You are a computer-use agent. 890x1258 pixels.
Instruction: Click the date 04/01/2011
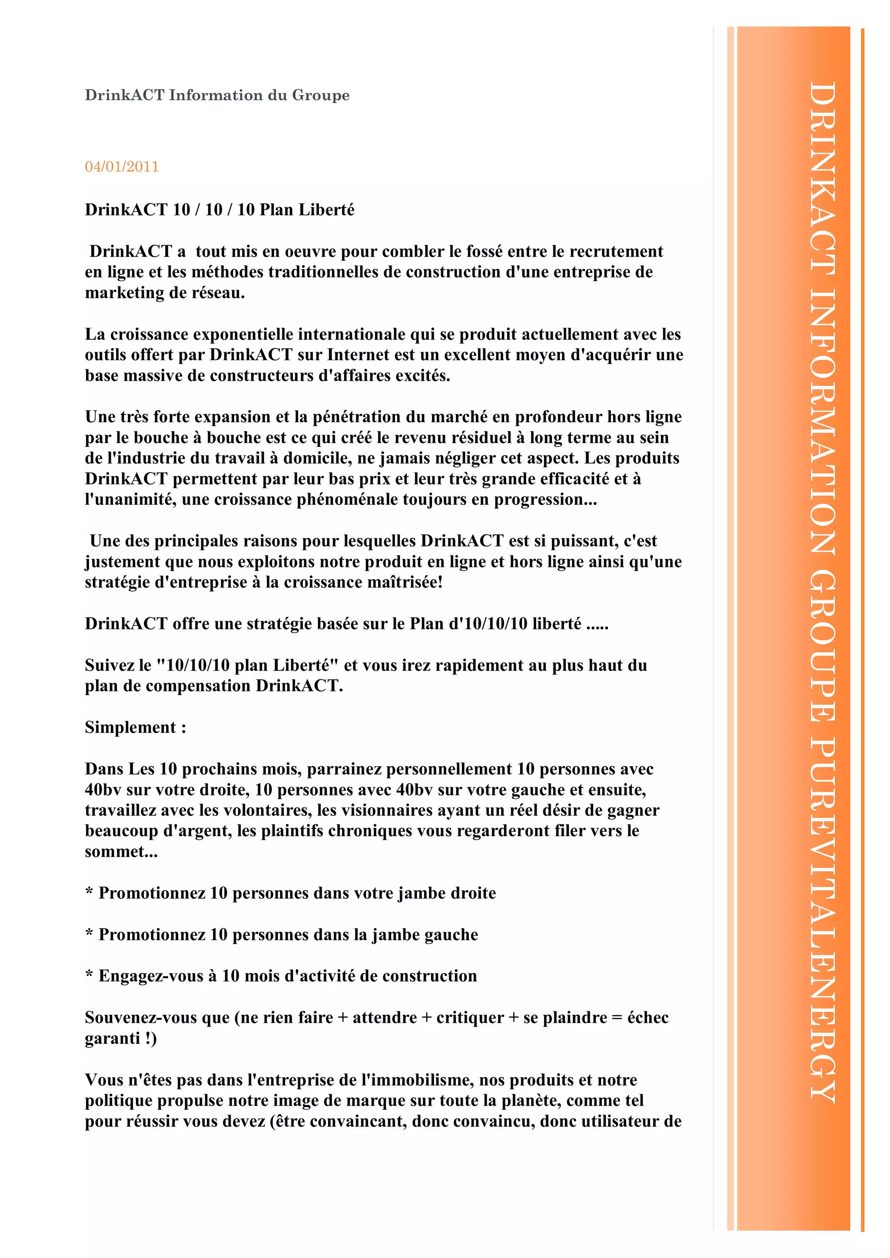coord(122,166)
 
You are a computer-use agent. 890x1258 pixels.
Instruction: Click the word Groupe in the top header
coord(321,95)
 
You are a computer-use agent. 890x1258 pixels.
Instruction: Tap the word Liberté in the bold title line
coord(327,210)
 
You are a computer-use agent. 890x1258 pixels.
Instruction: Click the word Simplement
coord(130,728)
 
